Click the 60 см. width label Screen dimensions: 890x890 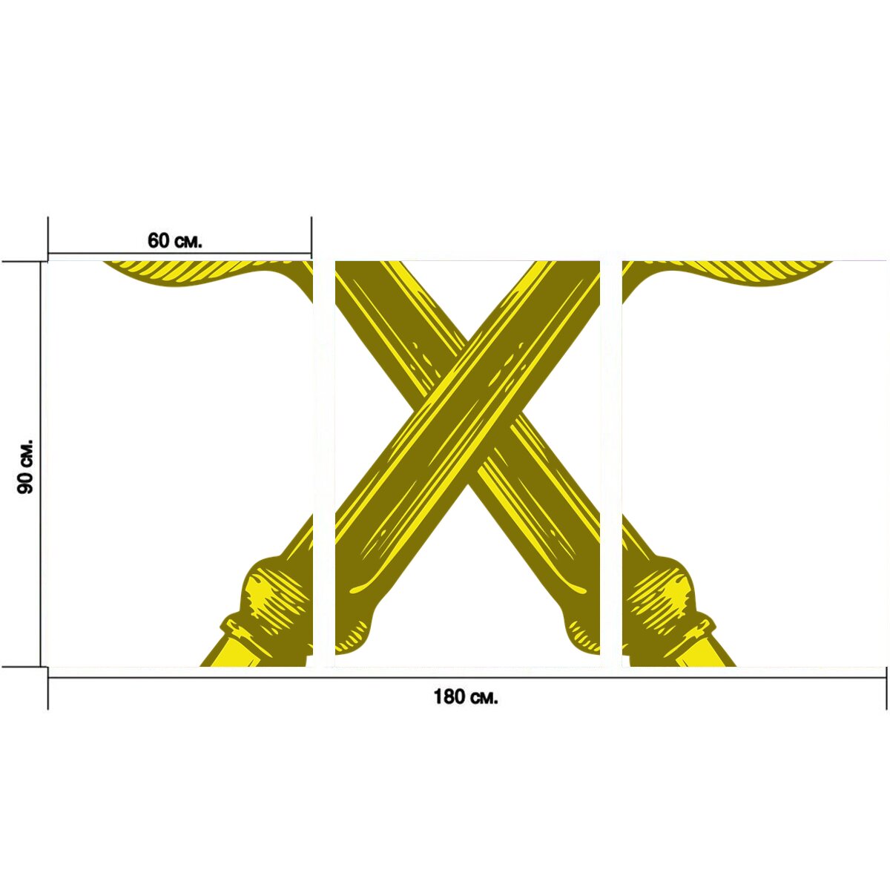click(174, 240)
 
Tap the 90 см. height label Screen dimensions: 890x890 click(25, 466)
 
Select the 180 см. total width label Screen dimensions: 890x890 click(466, 696)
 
